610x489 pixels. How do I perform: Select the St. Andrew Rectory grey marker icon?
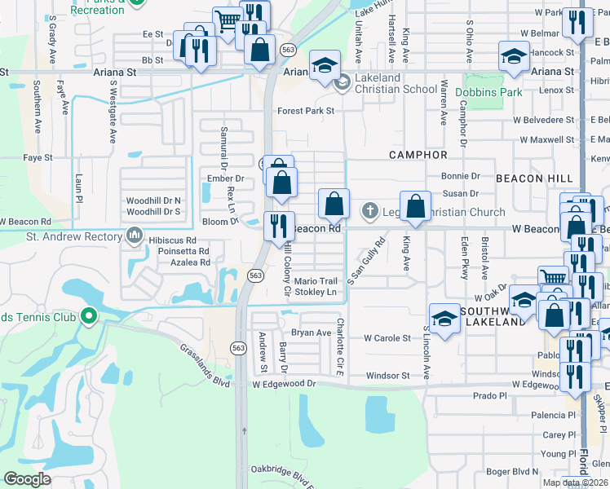coord(135,237)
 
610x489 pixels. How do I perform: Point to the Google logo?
coord(28,479)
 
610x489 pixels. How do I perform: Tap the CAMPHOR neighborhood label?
coord(418,155)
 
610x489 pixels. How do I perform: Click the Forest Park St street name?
coord(306,111)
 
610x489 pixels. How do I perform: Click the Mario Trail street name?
coord(315,280)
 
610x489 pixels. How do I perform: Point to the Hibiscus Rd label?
coord(172,240)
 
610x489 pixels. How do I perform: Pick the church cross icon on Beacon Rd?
coord(369,211)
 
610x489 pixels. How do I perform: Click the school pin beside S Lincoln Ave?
coord(444,318)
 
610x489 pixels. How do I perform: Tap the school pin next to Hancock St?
coord(514,56)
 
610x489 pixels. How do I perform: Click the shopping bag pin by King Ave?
coord(415,206)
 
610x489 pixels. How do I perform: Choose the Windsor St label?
coord(387,376)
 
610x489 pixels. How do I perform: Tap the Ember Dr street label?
coord(226,178)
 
